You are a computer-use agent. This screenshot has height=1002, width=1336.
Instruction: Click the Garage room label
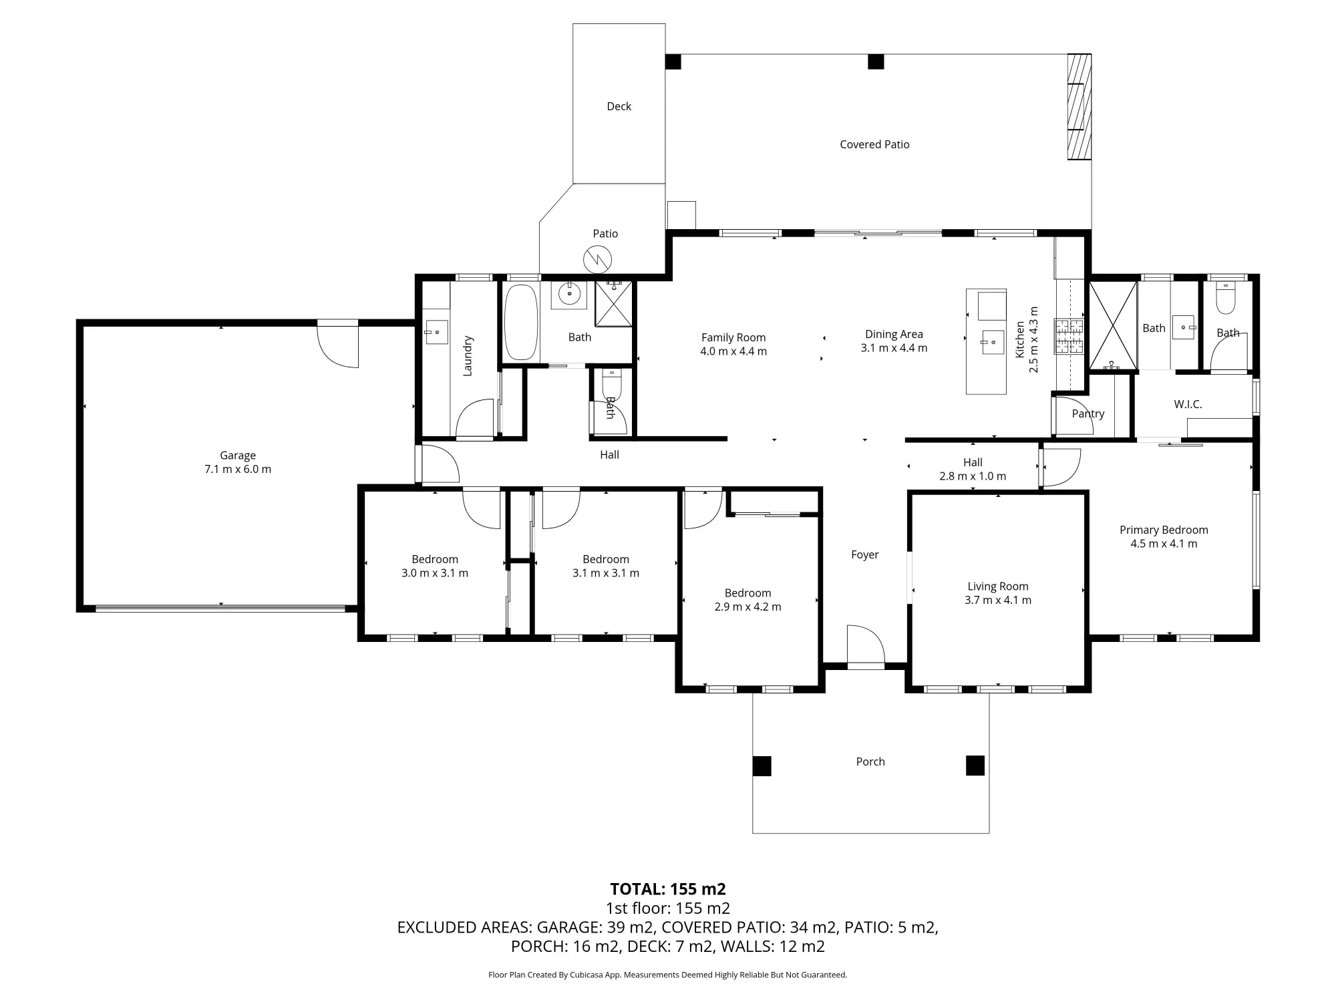click(x=238, y=456)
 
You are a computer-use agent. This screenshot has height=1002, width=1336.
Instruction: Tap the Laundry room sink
click(x=436, y=331)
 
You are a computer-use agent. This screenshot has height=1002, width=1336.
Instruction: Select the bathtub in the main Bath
click(x=520, y=323)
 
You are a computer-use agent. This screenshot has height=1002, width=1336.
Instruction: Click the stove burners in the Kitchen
click(x=1069, y=336)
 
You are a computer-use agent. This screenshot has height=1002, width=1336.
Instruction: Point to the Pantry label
click(x=1088, y=413)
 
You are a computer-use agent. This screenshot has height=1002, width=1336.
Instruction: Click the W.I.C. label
click(x=1188, y=404)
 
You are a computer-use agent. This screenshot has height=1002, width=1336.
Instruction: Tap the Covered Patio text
click(x=874, y=144)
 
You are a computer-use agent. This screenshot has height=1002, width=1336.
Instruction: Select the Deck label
click(x=619, y=106)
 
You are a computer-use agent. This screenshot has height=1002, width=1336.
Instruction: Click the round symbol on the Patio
click(x=598, y=259)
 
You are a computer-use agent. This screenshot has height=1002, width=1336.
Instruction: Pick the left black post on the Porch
click(x=762, y=766)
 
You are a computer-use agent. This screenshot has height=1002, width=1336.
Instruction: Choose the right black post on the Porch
click(x=975, y=766)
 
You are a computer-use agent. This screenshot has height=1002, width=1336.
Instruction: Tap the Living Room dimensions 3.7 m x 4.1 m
click(x=998, y=600)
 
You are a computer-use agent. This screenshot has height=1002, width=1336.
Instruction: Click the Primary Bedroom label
click(x=1164, y=530)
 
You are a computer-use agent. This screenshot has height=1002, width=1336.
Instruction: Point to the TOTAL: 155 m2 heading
click(x=668, y=889)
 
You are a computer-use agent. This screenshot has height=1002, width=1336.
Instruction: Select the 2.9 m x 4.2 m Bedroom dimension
click(x=747, y=607)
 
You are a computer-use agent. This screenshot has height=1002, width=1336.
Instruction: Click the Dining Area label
click(x=894, y=334)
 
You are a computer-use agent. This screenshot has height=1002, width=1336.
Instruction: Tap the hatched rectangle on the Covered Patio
click(x=1079, y=107)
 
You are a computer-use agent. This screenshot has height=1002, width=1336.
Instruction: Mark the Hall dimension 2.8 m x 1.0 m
click(x=973, y=476)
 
